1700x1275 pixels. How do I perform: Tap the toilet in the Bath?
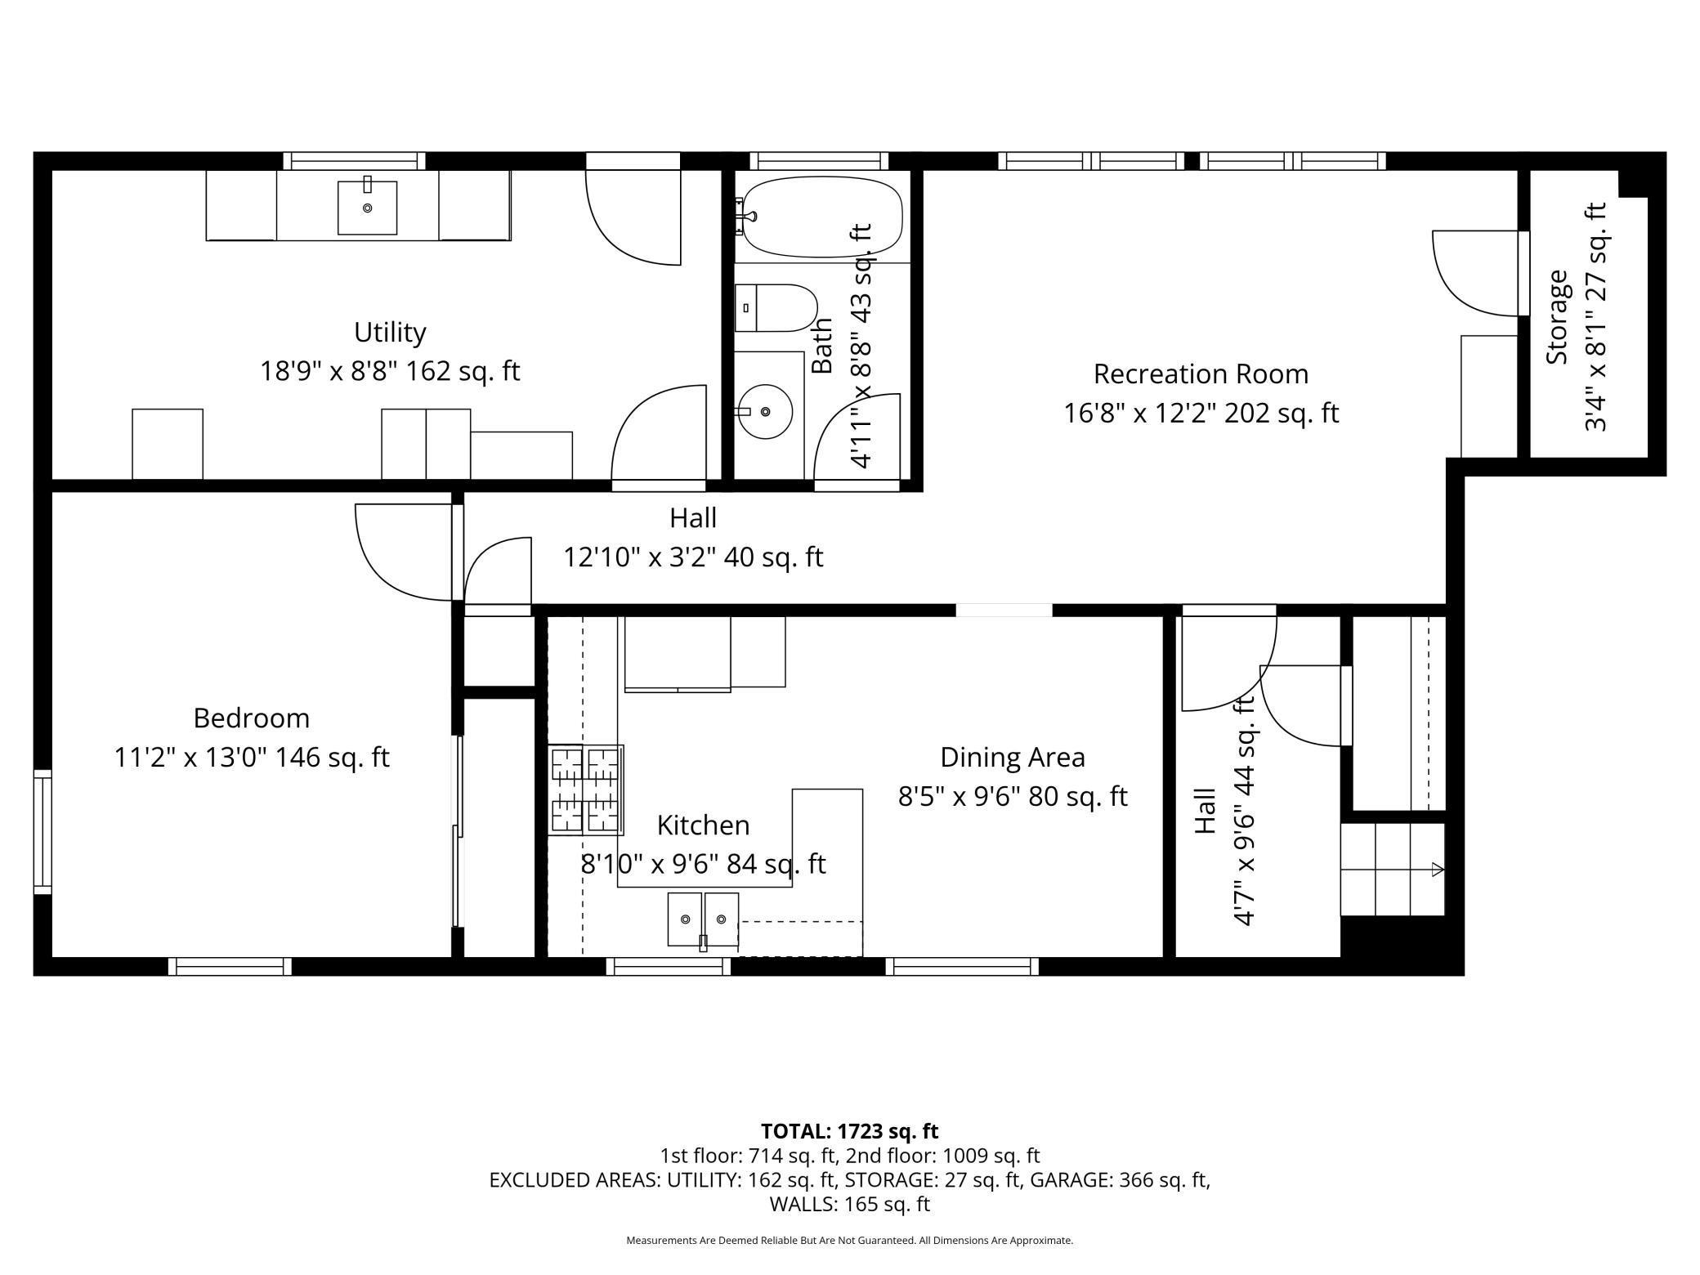[x=776, y=308]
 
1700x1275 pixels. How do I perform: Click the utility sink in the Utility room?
[x=367, y=208]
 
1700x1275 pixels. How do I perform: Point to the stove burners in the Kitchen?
[x=586, y=790]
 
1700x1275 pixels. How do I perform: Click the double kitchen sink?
[x=703, y=919]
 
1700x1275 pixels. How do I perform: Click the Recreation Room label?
[x=1201, y=374]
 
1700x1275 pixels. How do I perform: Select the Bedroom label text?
[x=252, y=718]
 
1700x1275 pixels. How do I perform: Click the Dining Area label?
[x=1013, y=758]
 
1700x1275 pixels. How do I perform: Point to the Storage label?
[x=1558, y=317]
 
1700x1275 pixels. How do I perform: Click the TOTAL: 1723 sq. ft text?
[x=849, y=1131]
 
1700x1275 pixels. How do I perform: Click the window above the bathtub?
[x=819, y=161]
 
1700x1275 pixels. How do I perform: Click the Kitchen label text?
[x=703, y=825]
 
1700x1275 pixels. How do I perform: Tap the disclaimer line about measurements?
[x=849, y=1240]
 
